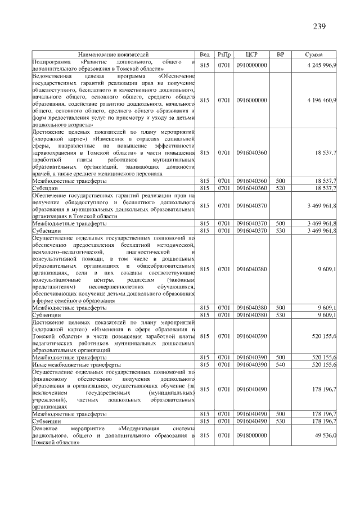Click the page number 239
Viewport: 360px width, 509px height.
pos(319,26)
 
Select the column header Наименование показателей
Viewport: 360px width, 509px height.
pos(113,55)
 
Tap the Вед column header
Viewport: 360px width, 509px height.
pos(205,55)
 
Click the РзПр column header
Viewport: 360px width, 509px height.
pos(224,55)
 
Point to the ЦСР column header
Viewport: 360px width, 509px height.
pos(251,55)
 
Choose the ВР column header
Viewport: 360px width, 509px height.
pos(280,55)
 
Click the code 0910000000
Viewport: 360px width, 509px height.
pos(251,65)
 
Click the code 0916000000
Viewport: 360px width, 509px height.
pos(251,100)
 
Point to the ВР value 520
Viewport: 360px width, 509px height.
pos(280,188)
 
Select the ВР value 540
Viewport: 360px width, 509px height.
pos(280,365)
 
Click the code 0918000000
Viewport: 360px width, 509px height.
pos(251,435)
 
